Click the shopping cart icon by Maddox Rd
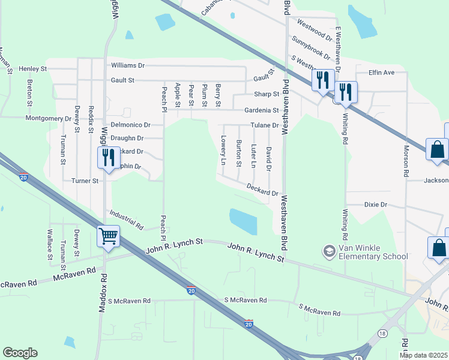pos(108,236)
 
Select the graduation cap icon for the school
pos(328,251)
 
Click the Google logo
pos(20,353)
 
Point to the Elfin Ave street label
pos(381,73)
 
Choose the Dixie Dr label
pos(376,205)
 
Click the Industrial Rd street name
pos(126,220)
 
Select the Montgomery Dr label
pos(48,118)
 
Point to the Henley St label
pos(32,69)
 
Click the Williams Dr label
pos(128,65)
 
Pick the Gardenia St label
pos(261,110)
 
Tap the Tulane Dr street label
pos(265,125)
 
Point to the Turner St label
pos(85,181)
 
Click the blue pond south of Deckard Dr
pos(243,221)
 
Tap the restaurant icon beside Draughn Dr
pos(106,157)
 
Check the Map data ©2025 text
pos(423,355)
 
